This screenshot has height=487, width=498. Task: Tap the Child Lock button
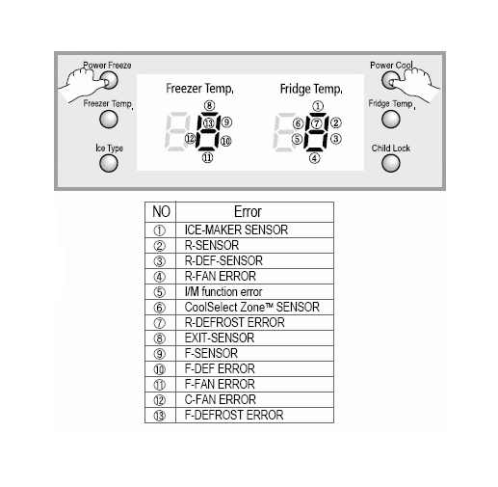(391, 163)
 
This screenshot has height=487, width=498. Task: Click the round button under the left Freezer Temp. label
(109, 120)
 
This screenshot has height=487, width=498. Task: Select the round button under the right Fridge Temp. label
(391, 119)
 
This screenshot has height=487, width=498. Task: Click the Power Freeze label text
(107, 66)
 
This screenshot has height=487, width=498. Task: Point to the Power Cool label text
(391, 66)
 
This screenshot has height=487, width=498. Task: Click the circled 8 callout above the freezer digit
(209, 105)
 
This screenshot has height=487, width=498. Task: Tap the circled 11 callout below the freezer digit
(207, 157)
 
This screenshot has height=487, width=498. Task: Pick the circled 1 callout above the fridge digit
(318, 106)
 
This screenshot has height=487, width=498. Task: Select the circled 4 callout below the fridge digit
(315, 158)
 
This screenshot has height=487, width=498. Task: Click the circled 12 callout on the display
(190, 139)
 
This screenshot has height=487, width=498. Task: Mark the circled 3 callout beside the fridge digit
(336, 139)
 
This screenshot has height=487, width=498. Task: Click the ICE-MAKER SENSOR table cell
(236, 230)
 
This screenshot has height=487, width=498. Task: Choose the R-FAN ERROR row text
(221, 276)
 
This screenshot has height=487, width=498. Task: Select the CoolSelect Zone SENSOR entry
(252, 307)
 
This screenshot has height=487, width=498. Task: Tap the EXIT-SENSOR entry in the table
(220, 338)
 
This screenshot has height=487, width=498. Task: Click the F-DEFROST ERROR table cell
(234, 415)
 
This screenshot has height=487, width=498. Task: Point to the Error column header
(248, 211)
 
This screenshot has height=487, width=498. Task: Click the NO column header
(161, 211)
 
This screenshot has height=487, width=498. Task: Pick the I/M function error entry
(223, 291)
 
